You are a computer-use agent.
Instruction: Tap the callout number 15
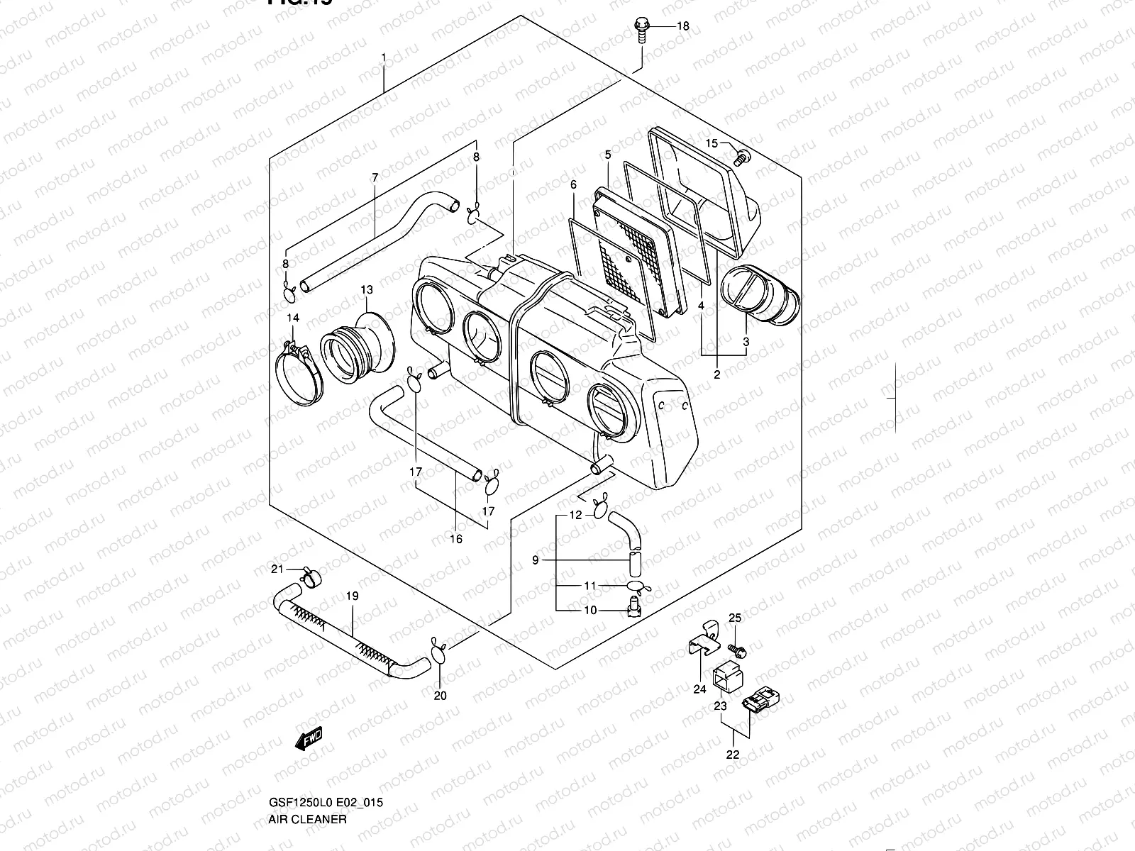712,144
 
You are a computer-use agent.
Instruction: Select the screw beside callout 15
742,157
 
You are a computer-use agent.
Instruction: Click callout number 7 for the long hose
375,177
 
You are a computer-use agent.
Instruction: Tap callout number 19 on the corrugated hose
353,596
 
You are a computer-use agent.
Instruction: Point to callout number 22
733,755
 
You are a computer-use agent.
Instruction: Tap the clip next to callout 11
637,586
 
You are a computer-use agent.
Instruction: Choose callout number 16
456,539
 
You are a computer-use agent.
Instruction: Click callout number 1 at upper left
384,56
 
